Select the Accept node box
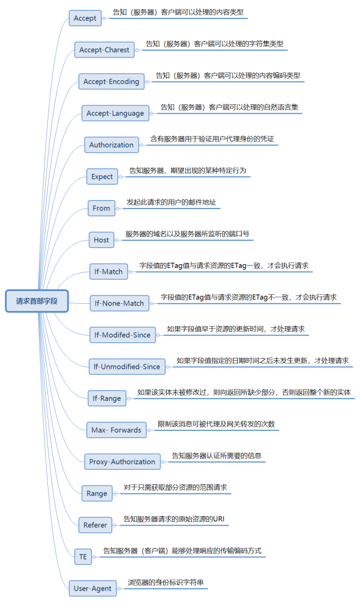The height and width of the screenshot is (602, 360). point(85,18)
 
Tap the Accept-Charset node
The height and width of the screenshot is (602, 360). point(104,50)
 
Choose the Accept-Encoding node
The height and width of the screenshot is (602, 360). point(111,81)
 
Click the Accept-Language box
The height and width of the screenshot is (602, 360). point(115,113)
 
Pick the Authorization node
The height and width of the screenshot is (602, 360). point(111,145)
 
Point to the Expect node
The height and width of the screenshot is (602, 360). point(102,177)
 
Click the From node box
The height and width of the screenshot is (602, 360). point(101,208)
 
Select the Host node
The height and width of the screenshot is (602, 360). point(101,240)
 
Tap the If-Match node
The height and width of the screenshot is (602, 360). point(108,271)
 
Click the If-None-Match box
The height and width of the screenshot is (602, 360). point(119,303)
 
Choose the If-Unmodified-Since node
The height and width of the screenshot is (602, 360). point(127,367)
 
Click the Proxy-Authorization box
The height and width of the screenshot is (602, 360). point(122,462)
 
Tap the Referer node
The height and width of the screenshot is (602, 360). point(95,525)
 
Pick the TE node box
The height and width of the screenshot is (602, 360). point(83,556)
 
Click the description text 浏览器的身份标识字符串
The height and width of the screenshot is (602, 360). point(166,583)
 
